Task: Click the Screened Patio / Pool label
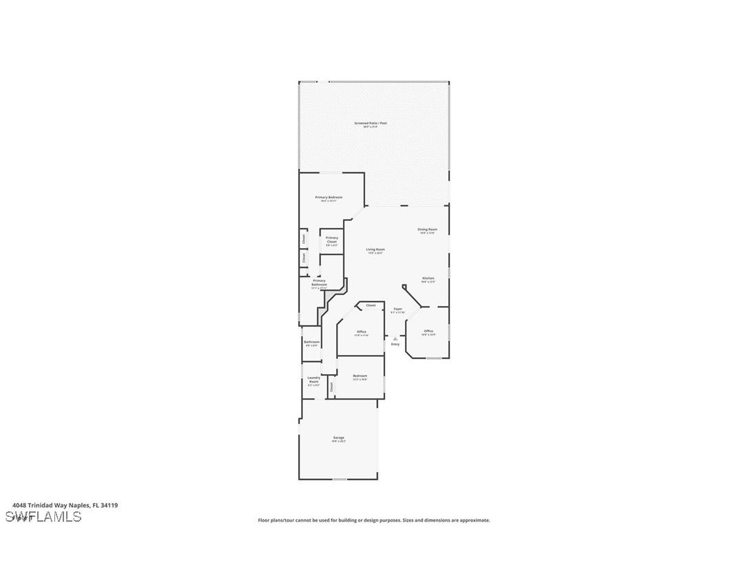(371, 123)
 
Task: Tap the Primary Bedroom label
(329, 198)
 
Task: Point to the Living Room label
(375, 249)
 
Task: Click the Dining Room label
(427, 229)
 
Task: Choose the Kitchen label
(428, 278)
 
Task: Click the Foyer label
(398, 309)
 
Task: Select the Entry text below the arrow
(395, 344)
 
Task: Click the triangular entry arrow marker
(395, 338)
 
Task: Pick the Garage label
(339, 438)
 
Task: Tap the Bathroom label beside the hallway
(312, 342)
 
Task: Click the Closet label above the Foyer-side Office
(371, 305)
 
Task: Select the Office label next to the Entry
(428, 331)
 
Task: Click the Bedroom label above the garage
(360, 376)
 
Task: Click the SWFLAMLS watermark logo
(43, 517)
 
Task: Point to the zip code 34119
(110, 505)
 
